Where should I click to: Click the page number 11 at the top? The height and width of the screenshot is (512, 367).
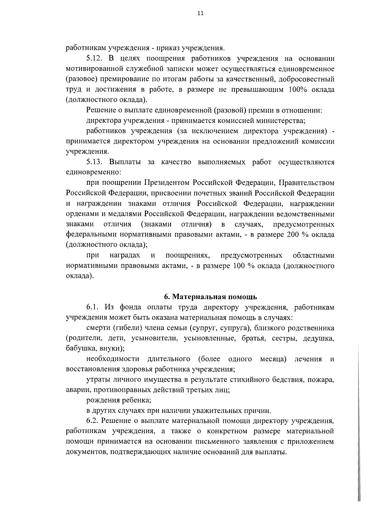click(200, 13)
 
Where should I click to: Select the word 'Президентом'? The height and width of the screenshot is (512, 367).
click(167, 183)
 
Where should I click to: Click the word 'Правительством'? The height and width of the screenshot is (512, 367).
click(307, 183)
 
